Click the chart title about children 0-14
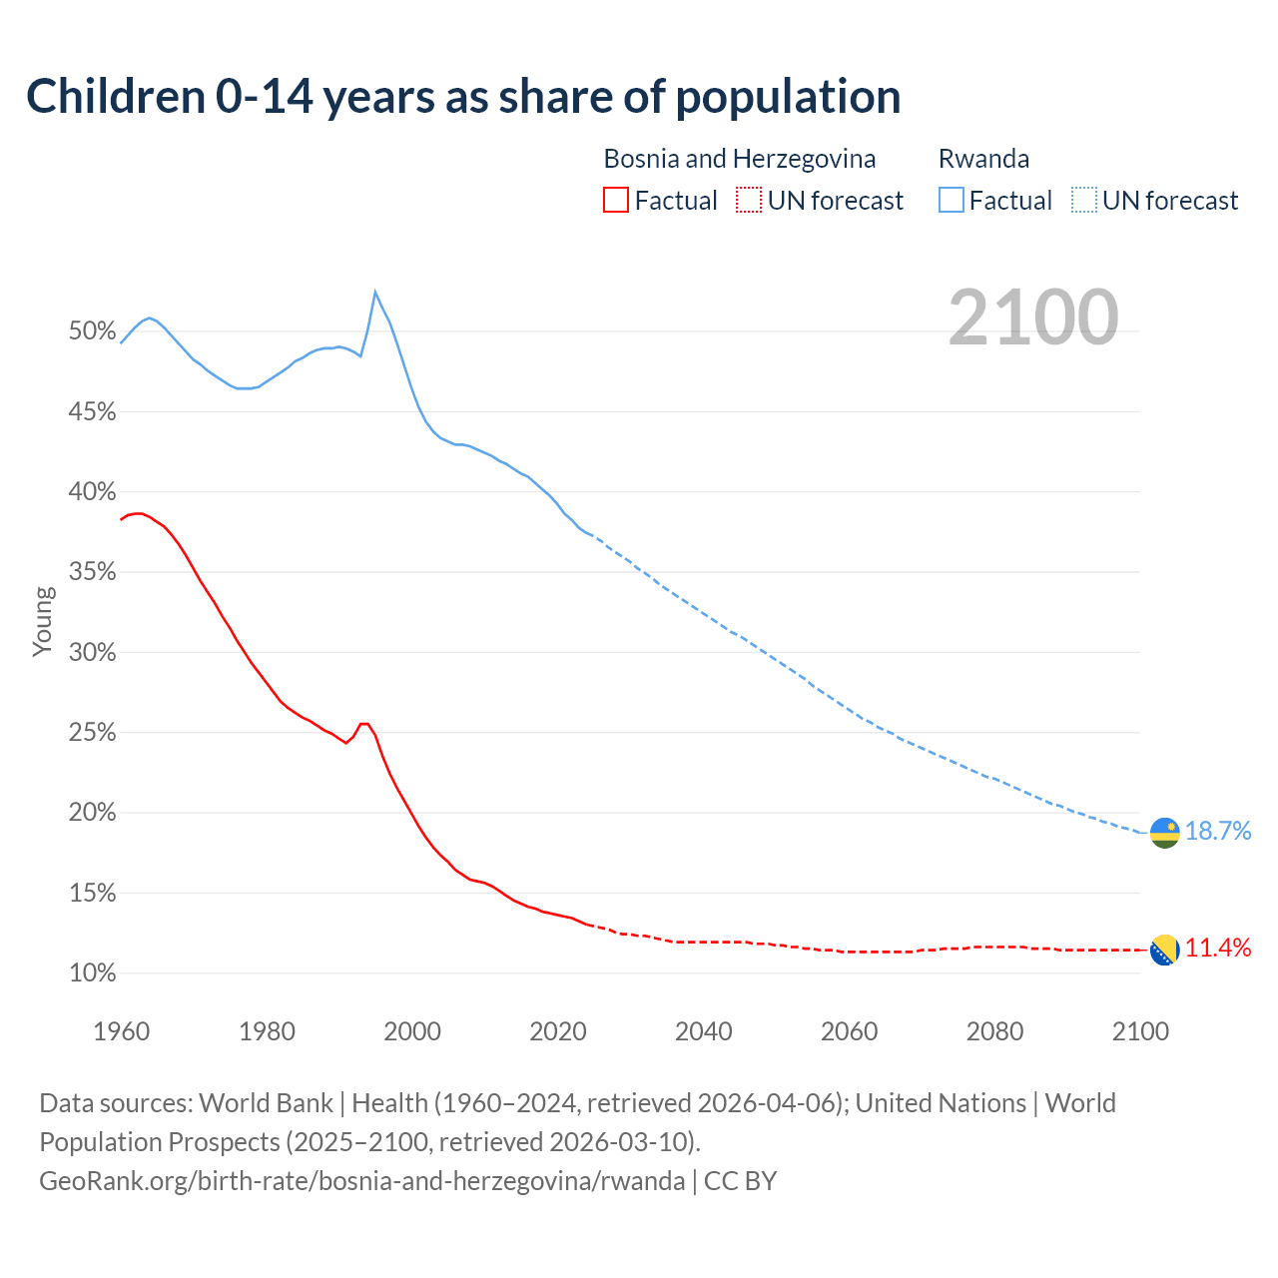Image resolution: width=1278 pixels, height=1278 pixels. (x=463, y=96)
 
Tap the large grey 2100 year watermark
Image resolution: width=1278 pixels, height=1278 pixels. (x=1033, y=317)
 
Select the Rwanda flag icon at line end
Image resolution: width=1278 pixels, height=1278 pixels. (x=1164, y=832)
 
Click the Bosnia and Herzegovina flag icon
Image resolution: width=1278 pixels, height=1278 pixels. (x=1164, y=950)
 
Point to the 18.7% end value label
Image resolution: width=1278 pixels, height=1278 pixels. (x=1218, y=831)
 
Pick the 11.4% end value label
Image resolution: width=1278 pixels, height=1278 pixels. (x=1218, y=948)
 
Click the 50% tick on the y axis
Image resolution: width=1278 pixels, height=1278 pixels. (x=93, y=331)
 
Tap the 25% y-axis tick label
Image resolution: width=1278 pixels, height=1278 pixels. (x=93, y=733)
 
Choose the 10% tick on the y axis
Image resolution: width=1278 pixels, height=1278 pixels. (x=93, y=973)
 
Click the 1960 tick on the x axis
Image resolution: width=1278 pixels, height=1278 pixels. (x=121, y=1031)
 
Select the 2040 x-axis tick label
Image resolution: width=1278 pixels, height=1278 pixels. (x=703, y=1031)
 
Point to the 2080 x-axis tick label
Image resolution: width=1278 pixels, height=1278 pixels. (x=994, y=1031)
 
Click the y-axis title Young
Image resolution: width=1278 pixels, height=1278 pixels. (x=43, y=621)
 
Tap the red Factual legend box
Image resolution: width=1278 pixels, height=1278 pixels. (x=616, y=201)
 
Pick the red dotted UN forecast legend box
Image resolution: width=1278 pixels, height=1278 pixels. (x=749, y=201)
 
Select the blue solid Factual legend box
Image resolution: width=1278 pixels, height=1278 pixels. (x=951, y=201)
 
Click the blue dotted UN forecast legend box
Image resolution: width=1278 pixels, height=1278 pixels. (x=1083, y=201)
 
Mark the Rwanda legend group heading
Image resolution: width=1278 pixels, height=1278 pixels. (x=983, y=159)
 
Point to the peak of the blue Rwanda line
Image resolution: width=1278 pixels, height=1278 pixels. (x=374, y=292)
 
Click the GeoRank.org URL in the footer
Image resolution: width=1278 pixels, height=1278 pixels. (x=362, y=1180)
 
